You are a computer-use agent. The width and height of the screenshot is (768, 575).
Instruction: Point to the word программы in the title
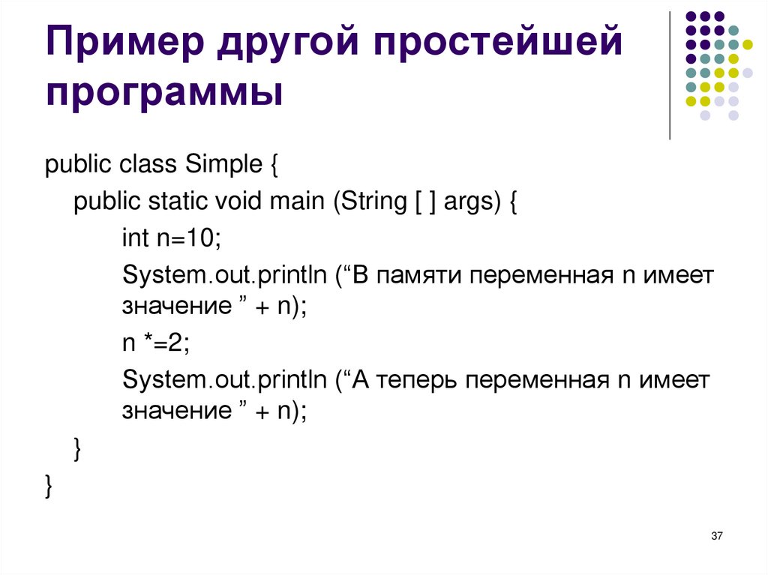coord(165,94)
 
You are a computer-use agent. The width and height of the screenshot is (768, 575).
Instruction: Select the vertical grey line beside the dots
coord(669,75)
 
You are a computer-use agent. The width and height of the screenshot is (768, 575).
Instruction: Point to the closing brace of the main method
coord(77,448)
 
